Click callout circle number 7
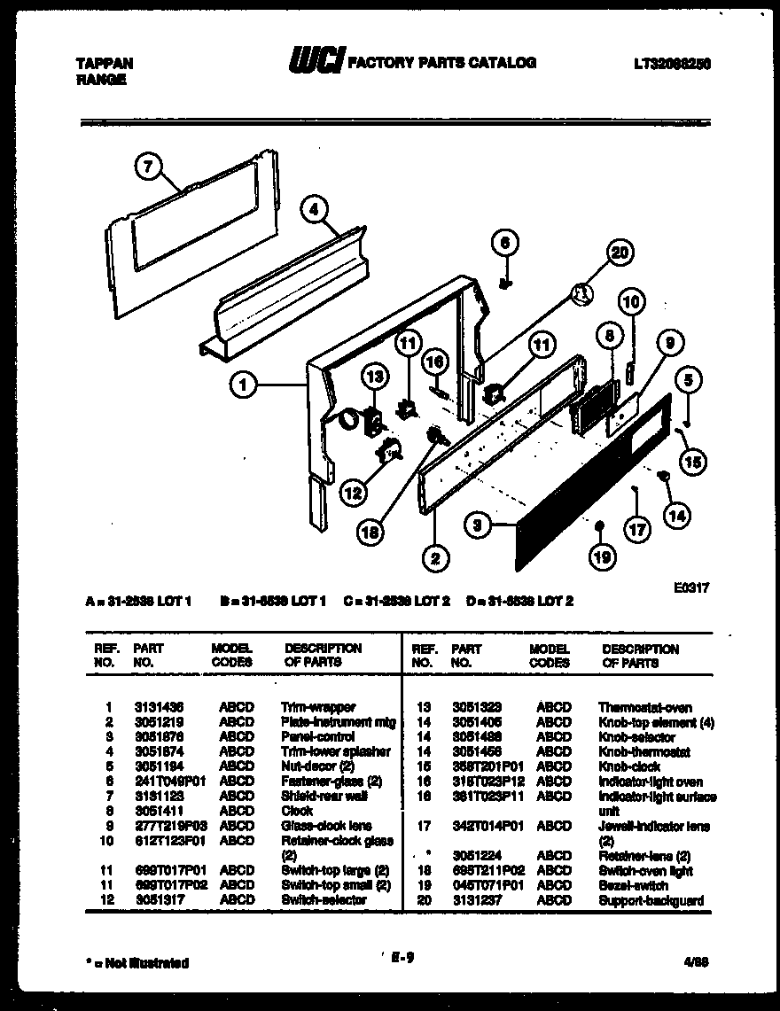150,165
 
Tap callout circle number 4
314,210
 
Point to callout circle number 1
243,385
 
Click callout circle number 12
353,491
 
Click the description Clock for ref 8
297,811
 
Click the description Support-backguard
651,900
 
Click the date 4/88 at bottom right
698,960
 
